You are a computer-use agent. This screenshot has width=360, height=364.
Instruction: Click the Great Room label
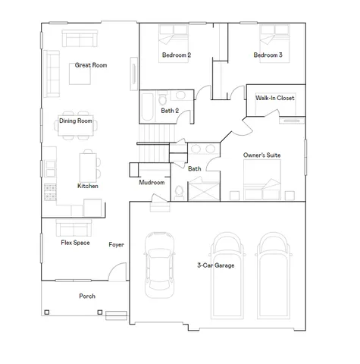click(x=90, y=65)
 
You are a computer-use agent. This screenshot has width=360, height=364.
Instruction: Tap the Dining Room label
click(x=76, y=121)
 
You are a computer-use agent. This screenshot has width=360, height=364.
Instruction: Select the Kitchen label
click(x=88, y=186)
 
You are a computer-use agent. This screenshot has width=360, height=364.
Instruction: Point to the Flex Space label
click(x=77, y=243)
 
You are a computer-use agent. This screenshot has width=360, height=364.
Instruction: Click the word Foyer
click(x=116, y=245)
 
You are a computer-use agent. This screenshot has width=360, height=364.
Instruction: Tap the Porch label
click(x=87, y=296)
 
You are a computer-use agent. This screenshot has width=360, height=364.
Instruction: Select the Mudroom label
click(x=152, y=183)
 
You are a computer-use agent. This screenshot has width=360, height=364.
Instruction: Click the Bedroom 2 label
click(x=176, y=55)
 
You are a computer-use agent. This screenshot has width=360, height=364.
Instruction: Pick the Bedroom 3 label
click(x=268, y=55)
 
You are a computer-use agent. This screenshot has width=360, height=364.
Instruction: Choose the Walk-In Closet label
click(x=274, y=98)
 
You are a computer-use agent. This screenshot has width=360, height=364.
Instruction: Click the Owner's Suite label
click(x=261, y=155)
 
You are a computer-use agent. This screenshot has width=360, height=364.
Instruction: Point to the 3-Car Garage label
click(x=214, y=265)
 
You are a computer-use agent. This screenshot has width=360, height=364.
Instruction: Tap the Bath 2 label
click(x=170, y=111)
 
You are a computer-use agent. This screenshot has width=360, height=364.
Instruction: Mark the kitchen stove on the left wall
click(x=50, y=192)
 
